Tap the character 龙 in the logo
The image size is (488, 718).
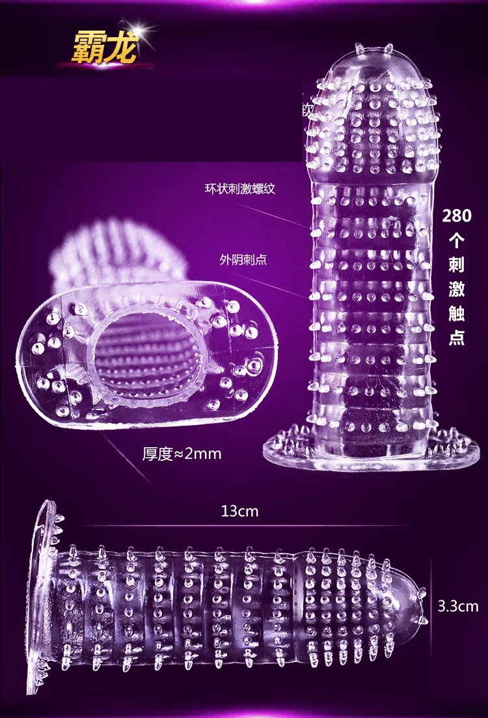[x=122, y=47]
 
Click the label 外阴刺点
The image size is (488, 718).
[x=243, y=260]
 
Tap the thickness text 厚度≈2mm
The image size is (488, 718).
[x=182, y=454]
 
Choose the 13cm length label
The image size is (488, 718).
[x=239, y=511]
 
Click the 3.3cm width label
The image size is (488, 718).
[x=457, y=607]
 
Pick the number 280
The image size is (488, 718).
[x=457, y=215]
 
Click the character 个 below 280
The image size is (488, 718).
[x=457, y=240]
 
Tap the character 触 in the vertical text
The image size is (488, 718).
[x=457, y=314]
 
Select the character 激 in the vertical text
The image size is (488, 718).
[x=457, y=290]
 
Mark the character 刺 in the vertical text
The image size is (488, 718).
[x=457, y=265]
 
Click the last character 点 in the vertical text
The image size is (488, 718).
[x=457, y=339]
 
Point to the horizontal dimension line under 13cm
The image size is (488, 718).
[x=239, y=525]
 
